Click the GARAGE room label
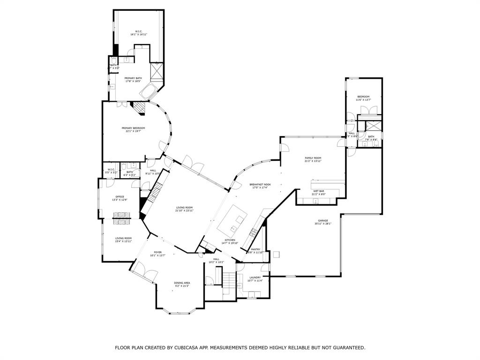tap(323, 220)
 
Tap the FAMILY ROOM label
tap(313, 158)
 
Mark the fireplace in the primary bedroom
tap(138, 107)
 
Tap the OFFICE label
tap(120, 196)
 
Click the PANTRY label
tap(255, 249)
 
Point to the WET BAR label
tap(319, 191)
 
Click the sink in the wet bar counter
tap(315, 202)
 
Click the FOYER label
tap(157, 252)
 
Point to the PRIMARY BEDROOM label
tap(133, 128)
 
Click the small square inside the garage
tap(277, 255)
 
